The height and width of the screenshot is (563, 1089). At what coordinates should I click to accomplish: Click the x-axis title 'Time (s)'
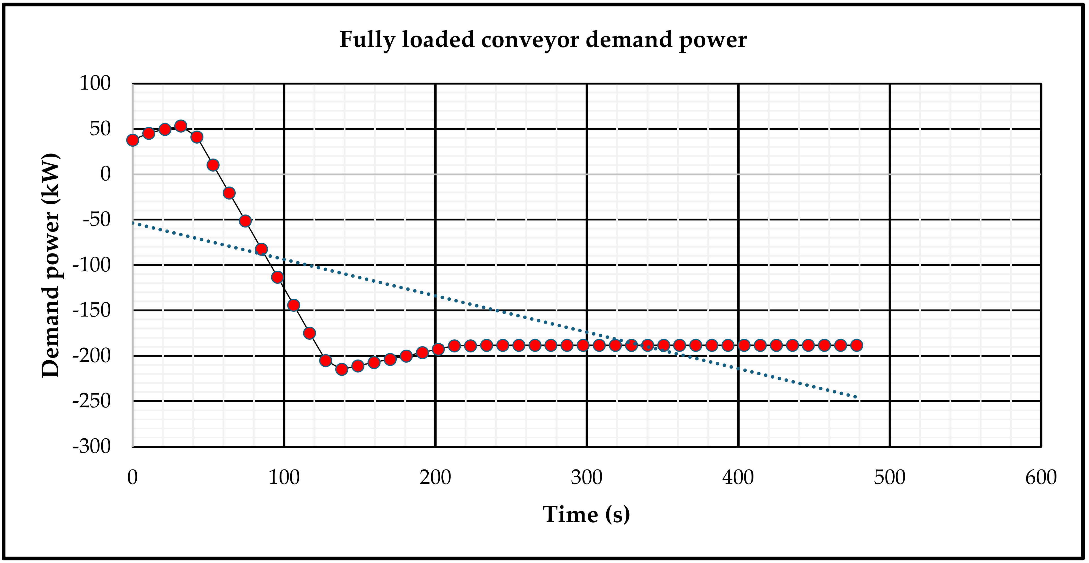(x=586, y=514)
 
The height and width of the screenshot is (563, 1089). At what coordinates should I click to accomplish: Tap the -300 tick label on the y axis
(x=92, y=447)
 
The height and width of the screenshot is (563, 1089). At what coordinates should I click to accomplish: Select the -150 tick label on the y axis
(x=92, y=310)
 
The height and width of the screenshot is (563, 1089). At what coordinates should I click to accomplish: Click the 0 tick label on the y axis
(x=105, y=174)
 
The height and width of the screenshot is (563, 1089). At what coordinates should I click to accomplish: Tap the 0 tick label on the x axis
(x=132, y=478)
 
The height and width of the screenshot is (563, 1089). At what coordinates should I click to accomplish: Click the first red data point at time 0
(x=133, y=140)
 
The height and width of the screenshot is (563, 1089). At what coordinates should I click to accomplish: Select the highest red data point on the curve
(x=181, y=126)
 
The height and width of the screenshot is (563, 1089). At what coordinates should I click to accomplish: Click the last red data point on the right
(x=856, y=345)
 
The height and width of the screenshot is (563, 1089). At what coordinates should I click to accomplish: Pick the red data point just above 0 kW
(x=213, y=165)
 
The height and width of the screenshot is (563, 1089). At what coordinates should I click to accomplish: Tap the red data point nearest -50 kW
(x=245, y=221)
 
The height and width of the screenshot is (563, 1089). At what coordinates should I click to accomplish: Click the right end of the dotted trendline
(x=856, y=397)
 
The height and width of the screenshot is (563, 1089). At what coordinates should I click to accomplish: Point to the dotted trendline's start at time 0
(x=134, y=223)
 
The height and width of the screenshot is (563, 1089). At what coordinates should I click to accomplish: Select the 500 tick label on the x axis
(x=890, y=478)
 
